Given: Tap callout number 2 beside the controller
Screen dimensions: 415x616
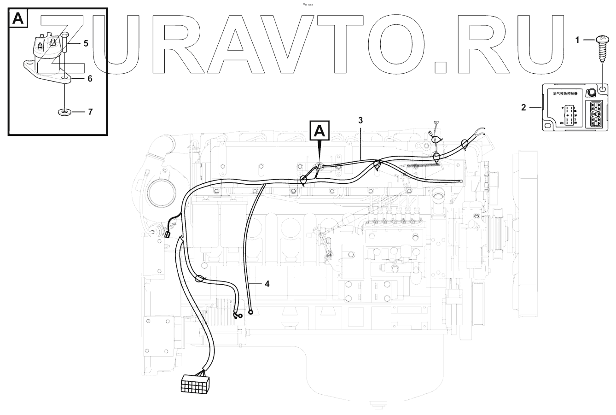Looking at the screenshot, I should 523,108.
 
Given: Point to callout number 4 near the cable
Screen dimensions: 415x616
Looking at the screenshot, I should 267,284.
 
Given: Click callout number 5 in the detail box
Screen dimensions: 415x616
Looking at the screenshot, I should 86,43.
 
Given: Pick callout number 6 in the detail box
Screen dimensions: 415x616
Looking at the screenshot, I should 90,79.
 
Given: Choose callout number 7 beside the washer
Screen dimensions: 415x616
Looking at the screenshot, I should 90,112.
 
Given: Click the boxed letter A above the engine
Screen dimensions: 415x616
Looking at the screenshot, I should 320,130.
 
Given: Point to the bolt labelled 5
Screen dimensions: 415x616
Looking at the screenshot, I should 65,44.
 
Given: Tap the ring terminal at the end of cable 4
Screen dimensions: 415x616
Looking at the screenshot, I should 250,312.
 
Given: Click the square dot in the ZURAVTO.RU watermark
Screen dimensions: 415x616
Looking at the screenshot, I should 441,67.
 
